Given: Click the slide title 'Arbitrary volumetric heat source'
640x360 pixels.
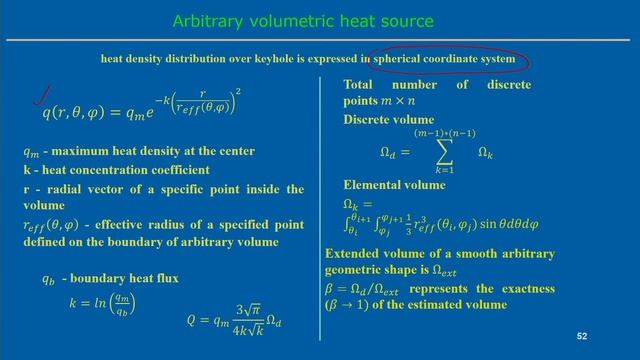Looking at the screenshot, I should pyautogui.click(x=303, y=20).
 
